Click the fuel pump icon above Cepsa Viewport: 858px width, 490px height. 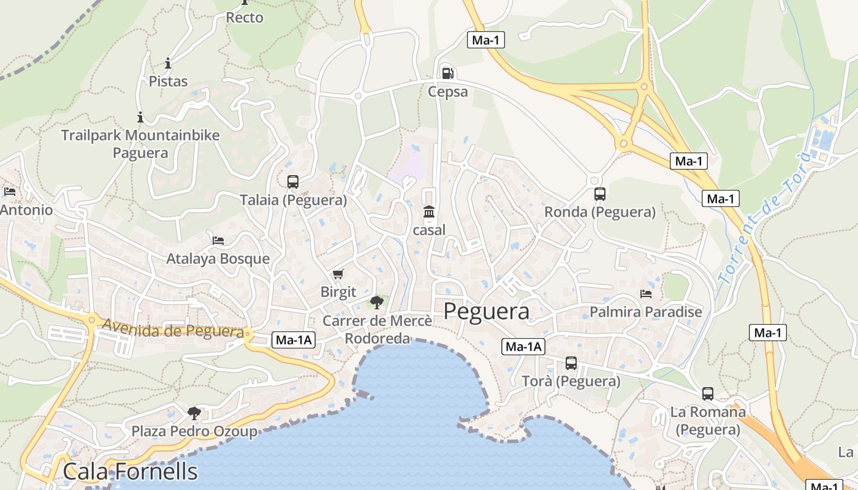tap(448, 73)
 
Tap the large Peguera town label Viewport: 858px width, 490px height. tap(486, 311)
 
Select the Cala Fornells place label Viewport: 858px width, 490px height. tap(130, 472)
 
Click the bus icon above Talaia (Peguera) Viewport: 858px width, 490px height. tap(293, 181)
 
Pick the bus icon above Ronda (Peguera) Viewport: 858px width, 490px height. tap(600, 194)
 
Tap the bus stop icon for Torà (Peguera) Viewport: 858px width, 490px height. tap(571, 363)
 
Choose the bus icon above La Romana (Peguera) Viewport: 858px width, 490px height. tap(708, 394)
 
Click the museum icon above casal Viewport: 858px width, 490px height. tap(429, 212)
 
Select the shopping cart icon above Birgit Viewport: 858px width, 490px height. tap(338, 274)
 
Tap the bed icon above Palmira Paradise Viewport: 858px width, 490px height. tap(646, 294)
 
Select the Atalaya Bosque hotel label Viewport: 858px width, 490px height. tap(218, 258)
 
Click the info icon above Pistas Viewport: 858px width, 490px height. tap(168, 63)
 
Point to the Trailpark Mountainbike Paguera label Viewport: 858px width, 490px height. tap(140, 143)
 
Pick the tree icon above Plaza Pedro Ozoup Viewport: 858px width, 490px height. tap(194, 413)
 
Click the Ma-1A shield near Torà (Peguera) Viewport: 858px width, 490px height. tap(523, 347)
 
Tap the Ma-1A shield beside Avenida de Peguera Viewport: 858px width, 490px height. tap(294, 340)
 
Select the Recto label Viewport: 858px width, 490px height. tap(245, 17)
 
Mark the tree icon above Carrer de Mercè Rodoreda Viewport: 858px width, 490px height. tap(377, 302)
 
